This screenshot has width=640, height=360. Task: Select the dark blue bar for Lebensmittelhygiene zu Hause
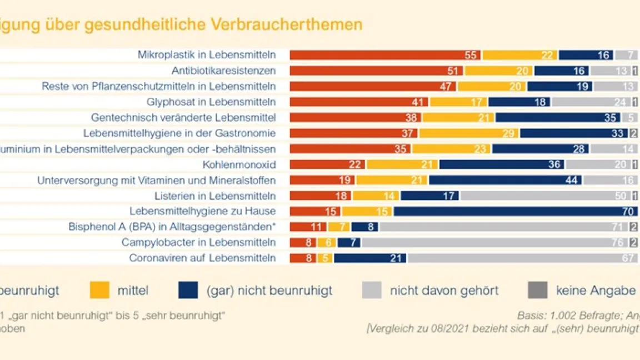pos(516,211)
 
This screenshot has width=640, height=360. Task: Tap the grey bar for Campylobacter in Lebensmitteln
pos(494,242)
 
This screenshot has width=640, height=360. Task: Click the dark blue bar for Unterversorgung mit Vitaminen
pos(506,180)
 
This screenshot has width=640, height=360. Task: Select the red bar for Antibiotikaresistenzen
pos(376,71)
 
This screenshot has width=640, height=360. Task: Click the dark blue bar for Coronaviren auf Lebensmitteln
pos(369,258)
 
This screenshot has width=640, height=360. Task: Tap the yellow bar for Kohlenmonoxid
pos(402,164)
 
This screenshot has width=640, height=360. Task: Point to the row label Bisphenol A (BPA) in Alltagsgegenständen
pos(172,227)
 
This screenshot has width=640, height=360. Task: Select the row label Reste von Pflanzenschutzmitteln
pos(159,86)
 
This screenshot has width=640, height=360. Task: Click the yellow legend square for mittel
pos(99,290)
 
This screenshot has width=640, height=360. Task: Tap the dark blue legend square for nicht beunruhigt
pos(188,290)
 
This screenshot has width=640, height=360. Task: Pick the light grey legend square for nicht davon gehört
pos(372,290)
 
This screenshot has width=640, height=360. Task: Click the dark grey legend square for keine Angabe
pos(537,290)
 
